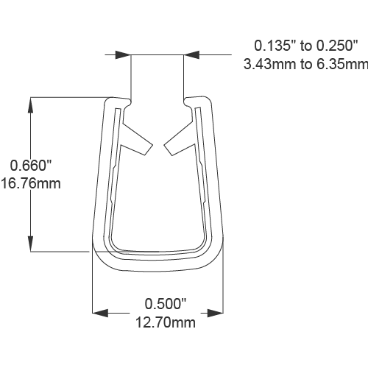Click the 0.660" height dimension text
pyautogui.click(x=28, y=165)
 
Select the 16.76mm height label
pyautogui.click(x=30, y=183)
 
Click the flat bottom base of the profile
pyautogui.click(x=158, y=266)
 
